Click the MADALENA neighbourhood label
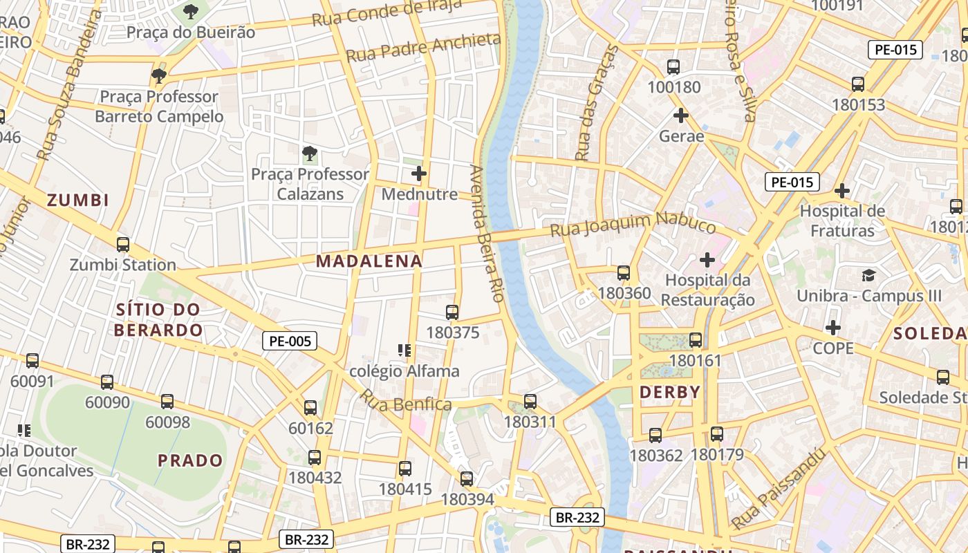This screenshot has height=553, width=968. pos(369,261)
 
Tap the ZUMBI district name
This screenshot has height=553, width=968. pos(78,200)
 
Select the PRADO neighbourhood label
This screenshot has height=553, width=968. pos(190,460)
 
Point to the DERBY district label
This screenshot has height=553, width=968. pos(670,393)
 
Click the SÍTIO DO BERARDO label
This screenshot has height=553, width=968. pos(158,320)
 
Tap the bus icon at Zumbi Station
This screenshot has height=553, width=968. pos(123,245)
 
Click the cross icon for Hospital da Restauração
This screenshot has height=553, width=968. pos(707,261)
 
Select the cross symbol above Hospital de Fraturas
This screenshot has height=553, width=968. pos(841,191)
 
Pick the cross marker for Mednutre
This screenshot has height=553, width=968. pos(419,174)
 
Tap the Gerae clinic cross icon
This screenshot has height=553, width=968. pos(681,115)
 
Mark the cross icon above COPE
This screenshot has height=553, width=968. pos(833,328)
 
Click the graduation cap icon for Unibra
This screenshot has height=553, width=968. pos(868,276)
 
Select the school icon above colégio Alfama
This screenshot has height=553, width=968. pos(404,350)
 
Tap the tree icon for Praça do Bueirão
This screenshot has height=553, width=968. pos(191,12)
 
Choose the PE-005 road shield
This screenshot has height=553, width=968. pos(289,340)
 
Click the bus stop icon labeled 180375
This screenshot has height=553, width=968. pos(452,312)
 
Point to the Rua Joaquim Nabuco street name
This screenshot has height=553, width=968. pos(633,225)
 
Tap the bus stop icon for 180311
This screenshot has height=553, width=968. pos(530,401)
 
